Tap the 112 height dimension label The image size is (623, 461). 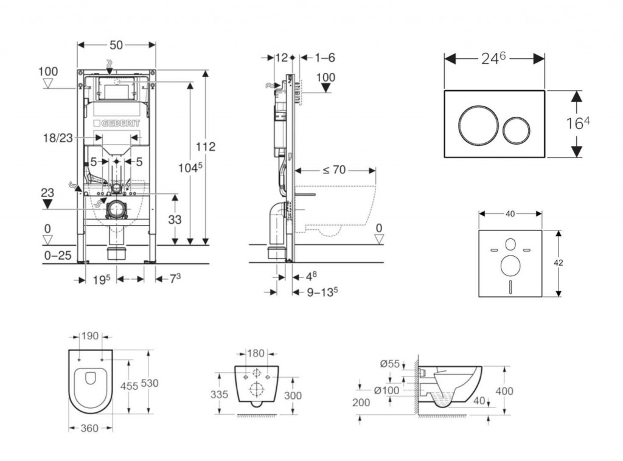pyautogui.click(x=205, y=147)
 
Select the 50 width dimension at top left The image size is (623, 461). pyautogui.click(x=117, y=44)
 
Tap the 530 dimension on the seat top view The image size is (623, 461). pyautogui.click(x=149, y=383)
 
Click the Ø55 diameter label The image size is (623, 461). pyautogui.click(x=390, y=364)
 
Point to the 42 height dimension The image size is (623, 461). pyautogui.click(x=559, y=263)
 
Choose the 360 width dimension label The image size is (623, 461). pyautogui.click(x=89, y=429)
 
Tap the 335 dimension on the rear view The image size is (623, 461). pyautogui.click(x=220, y=394)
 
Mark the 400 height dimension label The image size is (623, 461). pyautogui.click(x=505, y=390)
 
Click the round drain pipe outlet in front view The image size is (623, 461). pyautogui.click(x=117, y=210)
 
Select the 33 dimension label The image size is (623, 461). pyautogui.click(x=175, y=221)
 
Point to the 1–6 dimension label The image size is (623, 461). pyautogui.click(x=325, y=58)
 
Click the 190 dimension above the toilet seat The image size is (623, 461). pyautogui.click(x=90, y=336)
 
